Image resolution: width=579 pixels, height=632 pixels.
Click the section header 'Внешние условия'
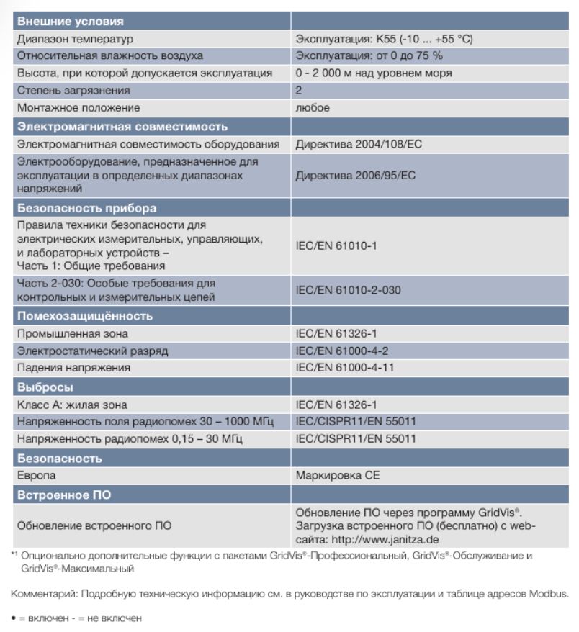70,22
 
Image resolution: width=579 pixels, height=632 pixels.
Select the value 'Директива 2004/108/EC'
359,145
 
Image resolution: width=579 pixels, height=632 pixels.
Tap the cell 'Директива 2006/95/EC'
356,175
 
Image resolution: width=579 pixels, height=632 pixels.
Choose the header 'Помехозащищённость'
85,316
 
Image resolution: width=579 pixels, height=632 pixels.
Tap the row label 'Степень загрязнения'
73,91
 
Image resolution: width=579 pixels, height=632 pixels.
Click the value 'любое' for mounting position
313,108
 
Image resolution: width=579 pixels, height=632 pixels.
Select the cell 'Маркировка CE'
337,476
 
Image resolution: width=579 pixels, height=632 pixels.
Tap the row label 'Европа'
36,476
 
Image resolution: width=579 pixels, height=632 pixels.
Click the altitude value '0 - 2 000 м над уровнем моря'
373,73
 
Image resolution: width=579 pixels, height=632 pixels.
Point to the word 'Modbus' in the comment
551,594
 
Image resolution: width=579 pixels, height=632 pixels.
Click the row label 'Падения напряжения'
73,368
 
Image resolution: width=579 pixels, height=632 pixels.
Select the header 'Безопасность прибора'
86,209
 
